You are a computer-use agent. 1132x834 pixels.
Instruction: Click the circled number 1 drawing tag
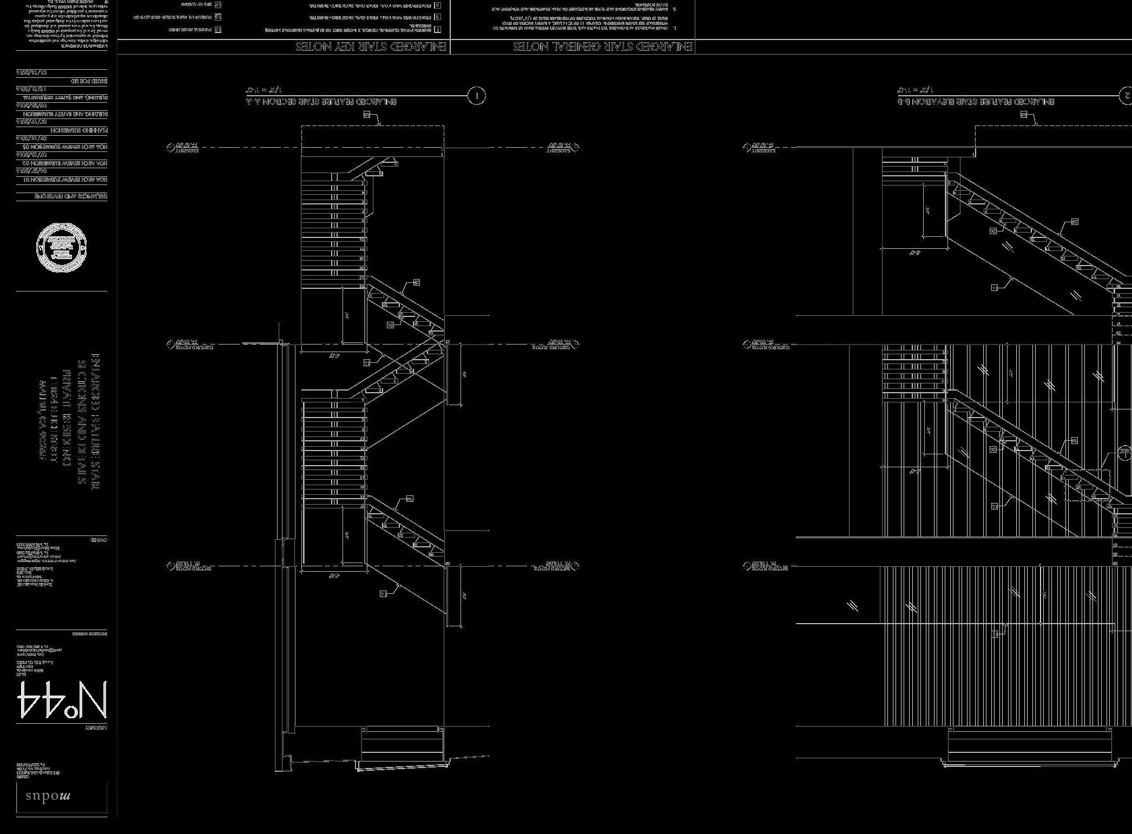pos(476,96)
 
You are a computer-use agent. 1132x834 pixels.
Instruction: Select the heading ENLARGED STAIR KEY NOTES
pos(371,47)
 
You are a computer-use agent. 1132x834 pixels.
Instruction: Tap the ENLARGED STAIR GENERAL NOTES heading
pos(602,47)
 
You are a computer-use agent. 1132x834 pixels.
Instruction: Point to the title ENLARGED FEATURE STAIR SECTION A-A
pos(321,102)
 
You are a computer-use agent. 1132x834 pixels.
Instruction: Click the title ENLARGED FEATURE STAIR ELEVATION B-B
pos(975,102)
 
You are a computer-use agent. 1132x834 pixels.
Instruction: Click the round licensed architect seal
pos(61,247)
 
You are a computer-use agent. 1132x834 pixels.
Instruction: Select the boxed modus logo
pos(61,797)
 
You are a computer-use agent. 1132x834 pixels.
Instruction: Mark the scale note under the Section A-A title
pos(264,90)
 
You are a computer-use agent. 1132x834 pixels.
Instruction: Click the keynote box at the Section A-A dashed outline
pos(367,115)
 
